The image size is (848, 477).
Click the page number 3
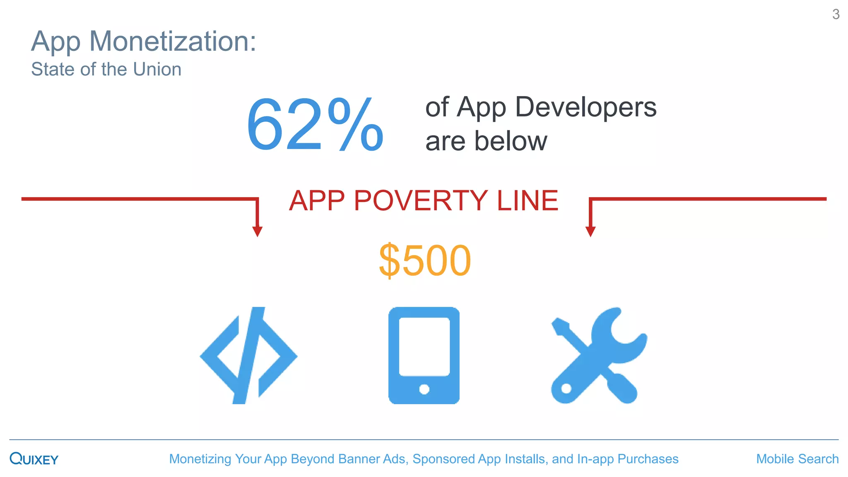point(836,14)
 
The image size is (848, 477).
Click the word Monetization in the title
point(173,41)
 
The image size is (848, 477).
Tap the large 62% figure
point(315,124)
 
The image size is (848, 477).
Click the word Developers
point(585,107)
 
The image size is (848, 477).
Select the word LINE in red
point(527,201)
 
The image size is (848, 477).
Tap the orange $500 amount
point(425,260)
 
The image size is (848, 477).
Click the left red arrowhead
point(257,231)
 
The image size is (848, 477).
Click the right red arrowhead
point(590,231)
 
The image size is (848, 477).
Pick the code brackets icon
point(248,355)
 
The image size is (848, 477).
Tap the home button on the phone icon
point(424,389)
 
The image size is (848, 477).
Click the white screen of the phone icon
point(424,346)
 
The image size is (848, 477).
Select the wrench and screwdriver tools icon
point(598,355)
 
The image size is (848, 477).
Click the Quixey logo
point(34,459)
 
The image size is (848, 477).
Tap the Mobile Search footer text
point(797,459)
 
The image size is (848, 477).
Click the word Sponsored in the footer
point(443,459)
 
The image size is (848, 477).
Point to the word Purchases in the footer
point(648,459)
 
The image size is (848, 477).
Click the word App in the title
point(56,42)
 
